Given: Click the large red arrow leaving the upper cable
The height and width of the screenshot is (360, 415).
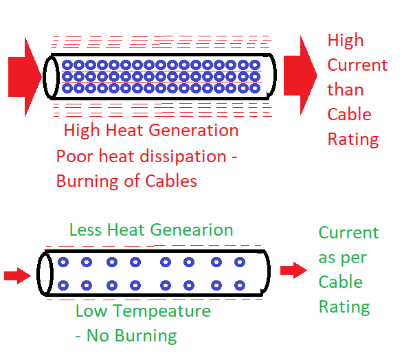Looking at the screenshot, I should (x=300, y=76).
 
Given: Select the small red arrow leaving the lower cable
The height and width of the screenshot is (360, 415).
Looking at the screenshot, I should (x=293, y=271).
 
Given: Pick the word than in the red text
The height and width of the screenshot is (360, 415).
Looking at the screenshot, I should (x=345, y=90).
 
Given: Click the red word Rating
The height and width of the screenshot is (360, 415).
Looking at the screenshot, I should (x=352, y=139).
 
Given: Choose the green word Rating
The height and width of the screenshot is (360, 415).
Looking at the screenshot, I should (x=344, y=307).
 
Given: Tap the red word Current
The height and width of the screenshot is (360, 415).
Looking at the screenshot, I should (x=357, y=65).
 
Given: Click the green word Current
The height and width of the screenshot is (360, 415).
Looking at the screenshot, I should (x=348, y=233).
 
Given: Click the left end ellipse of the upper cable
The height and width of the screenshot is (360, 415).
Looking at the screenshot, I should (x=51, y=76).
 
